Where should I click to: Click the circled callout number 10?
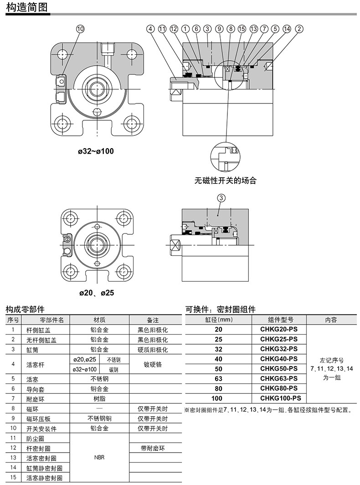coord(80,29)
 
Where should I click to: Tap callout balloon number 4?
coord(150,29)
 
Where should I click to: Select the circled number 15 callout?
coord(242,29)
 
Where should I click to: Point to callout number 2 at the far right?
coord(299,29)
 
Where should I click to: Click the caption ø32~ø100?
coord(96,151)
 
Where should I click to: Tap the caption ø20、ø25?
coord(97,293)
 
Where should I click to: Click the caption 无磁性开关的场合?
coord(226,181)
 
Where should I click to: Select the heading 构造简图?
coord(27,7)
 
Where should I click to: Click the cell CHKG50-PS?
coord(279,369)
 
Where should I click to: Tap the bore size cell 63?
coord(219,379)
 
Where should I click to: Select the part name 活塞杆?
coord(35,365)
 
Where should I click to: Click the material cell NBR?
coord(99,458)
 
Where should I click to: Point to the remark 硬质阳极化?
coord(153,350)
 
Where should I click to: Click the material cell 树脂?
coord(99,399)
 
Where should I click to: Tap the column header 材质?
coord(99,320)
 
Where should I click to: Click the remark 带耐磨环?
coord(153,448)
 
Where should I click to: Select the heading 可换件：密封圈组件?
coord(221,310)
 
